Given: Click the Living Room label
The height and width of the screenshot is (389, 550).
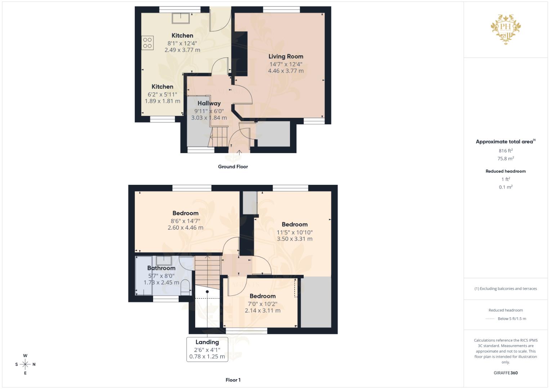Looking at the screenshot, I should tap(286, 56).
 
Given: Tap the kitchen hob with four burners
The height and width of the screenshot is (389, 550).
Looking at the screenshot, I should tap(147, 43).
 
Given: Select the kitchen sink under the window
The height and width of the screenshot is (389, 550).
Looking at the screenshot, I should tap(181, 18).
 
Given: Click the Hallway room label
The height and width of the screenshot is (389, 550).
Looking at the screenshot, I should tap(209, 103).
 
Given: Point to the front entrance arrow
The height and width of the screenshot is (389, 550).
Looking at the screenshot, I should tap(239, 152).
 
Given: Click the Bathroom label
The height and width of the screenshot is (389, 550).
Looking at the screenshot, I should tap(161, 268).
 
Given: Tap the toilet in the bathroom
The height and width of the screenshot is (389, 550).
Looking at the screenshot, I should tap(185, 286).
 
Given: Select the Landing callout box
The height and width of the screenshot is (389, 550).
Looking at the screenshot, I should tap(207, 349).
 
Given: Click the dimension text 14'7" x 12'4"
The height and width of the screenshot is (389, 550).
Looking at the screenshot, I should tap(286, 64).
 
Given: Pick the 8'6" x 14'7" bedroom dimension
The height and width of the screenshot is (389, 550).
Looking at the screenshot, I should tap(185, 221).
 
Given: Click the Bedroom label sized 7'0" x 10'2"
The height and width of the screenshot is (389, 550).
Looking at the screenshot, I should tap(263, 296).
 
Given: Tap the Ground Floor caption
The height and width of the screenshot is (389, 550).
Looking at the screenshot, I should tap(233, 167).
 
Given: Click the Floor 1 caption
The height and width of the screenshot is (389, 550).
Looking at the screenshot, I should tap(233, 380).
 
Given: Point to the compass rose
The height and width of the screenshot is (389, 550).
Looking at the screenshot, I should tap(25, 365).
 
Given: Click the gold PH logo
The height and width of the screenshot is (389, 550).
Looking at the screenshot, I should tap(506, 29).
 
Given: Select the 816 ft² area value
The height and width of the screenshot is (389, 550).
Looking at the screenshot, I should tap(506, 151).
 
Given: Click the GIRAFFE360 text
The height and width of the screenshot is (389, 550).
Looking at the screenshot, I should tap(506, 373).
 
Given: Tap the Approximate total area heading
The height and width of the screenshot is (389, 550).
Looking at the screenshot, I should tap(505, 142).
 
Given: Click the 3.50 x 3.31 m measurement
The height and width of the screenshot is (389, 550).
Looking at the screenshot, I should tap(295, 239).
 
